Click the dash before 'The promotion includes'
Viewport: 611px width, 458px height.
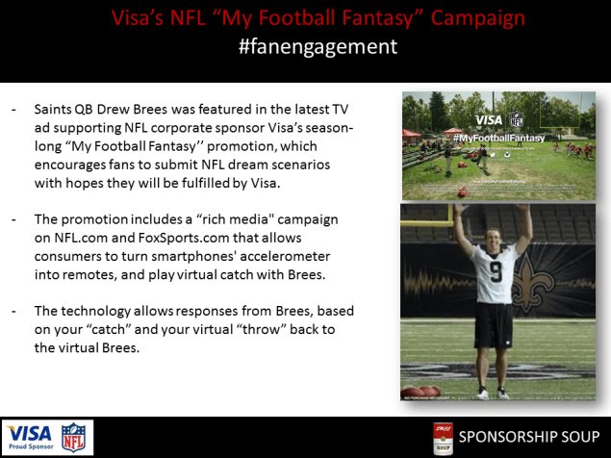click(x=13, y=221)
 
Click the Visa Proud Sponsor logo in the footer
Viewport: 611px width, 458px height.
click(x=28, y=436)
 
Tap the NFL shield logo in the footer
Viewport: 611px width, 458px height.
click(x=73, y=436)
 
